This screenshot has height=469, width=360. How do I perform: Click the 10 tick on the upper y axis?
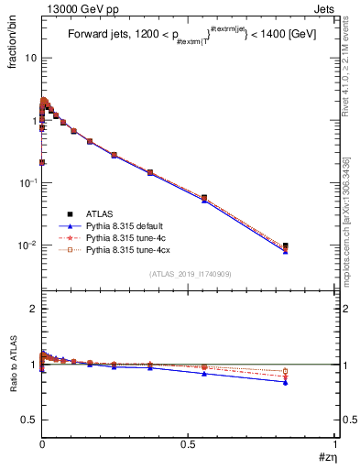30,58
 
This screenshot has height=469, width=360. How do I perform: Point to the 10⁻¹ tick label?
28,182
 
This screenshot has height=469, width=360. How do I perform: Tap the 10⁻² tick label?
28,245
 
